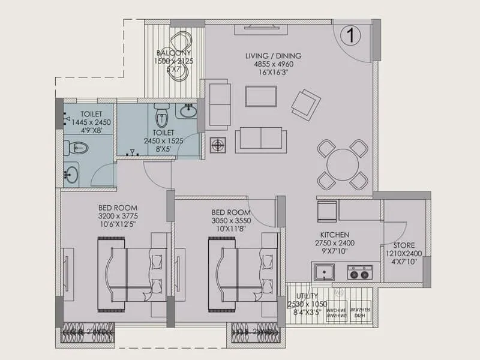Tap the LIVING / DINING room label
[x=273, y=56]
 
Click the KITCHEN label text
[x=335, y=235]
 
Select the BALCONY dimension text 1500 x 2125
[x=175, y=61]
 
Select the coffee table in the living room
[x=260, y=96]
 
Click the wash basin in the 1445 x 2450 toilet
[x=71, y=175]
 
